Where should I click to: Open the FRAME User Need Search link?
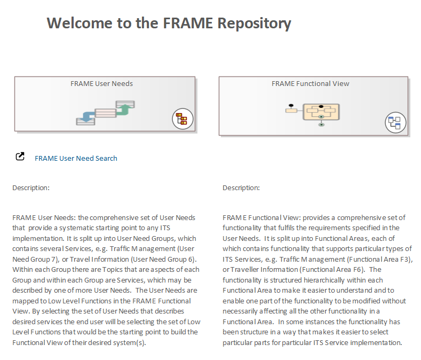pos(76,158)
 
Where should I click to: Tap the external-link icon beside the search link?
pos(20,157)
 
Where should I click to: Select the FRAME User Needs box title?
pos(101,83)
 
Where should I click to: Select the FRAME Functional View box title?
pos(310,83)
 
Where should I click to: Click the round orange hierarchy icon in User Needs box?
pos(182,119)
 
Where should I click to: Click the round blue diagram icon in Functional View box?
pos(395,123)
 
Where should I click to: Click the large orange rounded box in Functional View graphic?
pos(321,112)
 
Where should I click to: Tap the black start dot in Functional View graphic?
pos(291,105)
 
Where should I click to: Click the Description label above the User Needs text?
pos(31,188)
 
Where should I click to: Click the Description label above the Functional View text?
pos(241,188)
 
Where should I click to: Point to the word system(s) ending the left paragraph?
pos(128,342)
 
